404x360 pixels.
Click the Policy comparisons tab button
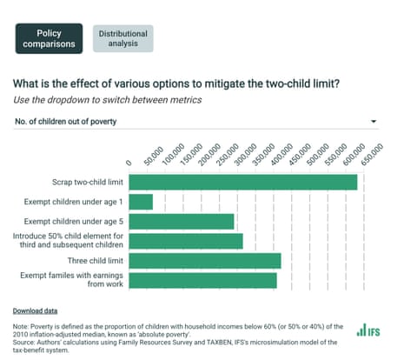[48, 38]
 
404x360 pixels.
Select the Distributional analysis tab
[123, 38]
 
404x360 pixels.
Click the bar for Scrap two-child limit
[243, 182]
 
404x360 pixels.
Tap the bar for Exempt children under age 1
[141, 202]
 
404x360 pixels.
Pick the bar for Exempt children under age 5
[182, 221]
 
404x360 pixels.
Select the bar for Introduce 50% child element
[186, 241]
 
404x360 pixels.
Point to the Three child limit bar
[205, 260]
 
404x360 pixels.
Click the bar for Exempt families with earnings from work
[202, 280]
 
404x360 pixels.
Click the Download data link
[36, 310]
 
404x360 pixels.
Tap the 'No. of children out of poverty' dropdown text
[66, 121]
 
